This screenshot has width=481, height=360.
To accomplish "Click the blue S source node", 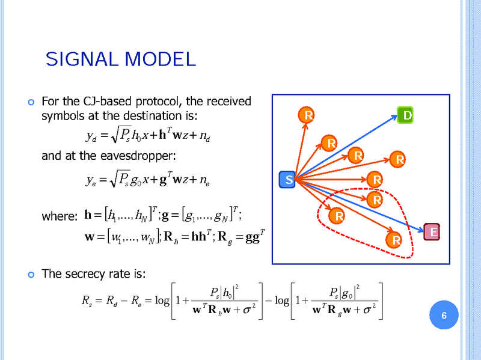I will [289, 180].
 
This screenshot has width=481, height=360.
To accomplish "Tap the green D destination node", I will [406, 114].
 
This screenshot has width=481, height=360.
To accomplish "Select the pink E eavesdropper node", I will [432, 231].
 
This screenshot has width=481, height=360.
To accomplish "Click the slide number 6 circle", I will [444, 316].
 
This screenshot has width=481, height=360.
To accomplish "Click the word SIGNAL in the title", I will [83, 59].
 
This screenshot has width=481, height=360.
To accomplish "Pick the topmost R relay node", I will [307, 115].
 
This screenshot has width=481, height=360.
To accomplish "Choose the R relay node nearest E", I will [396, 241].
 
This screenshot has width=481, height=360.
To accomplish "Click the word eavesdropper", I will [135, 156].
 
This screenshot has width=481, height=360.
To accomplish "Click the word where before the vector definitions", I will [60, 216].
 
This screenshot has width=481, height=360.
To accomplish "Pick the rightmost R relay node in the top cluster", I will [397, 160].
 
